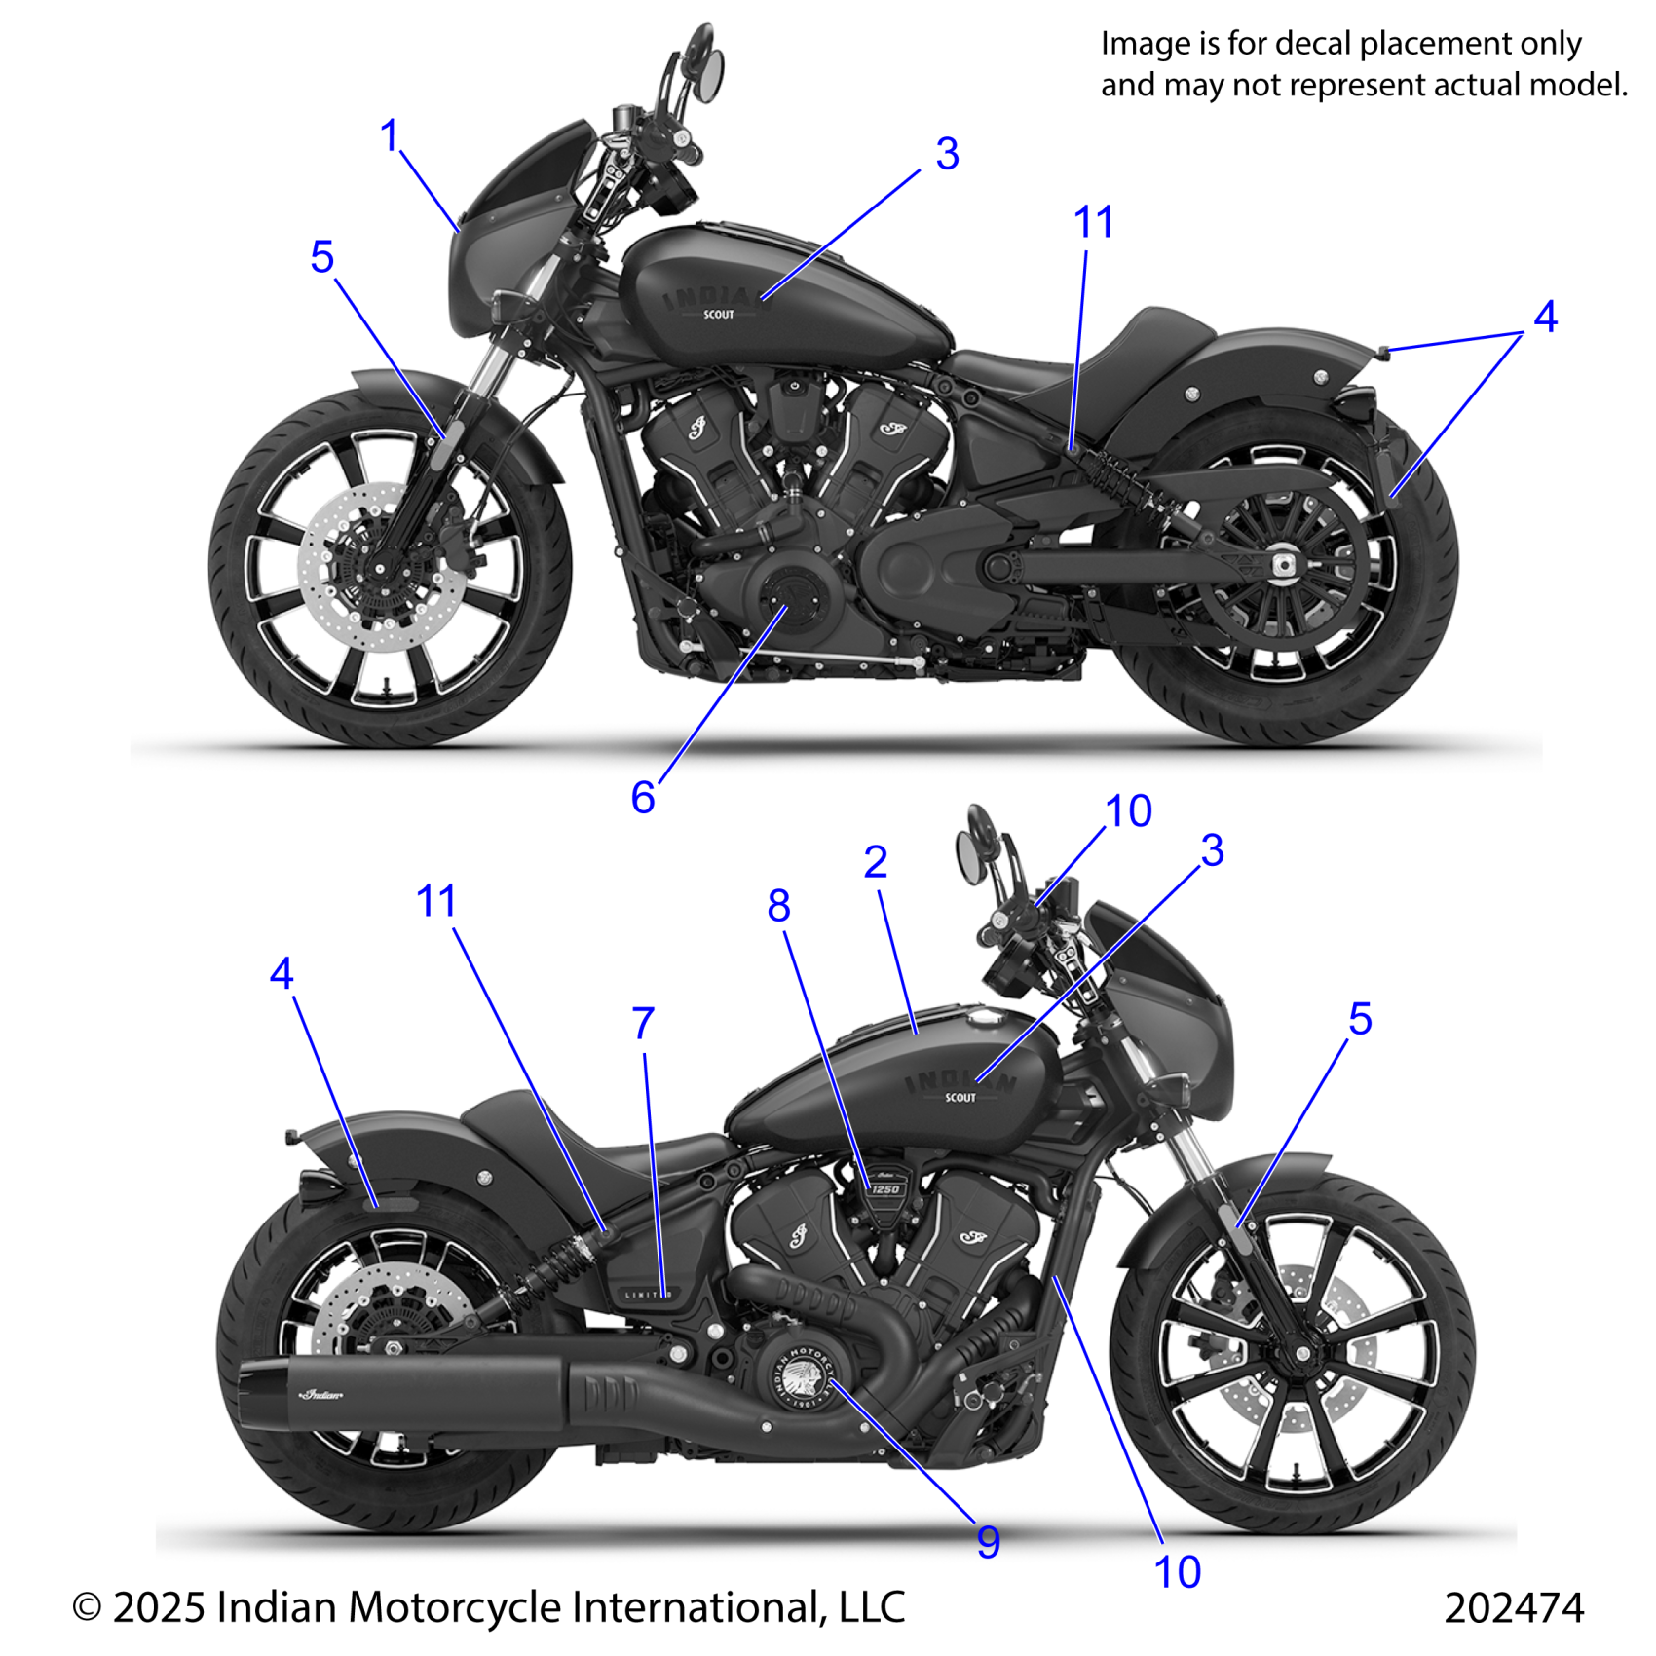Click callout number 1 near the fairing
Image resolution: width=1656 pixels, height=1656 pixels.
coord(390,135)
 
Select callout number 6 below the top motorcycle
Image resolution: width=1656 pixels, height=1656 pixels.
coord(643,798)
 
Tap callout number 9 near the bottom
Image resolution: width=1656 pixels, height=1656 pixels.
coord(988,1541)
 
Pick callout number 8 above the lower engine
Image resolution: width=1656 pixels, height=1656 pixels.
coord(778,906)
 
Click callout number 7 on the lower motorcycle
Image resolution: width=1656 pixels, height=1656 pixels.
coord(643,1024)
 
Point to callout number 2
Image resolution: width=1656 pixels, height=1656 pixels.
coord(875,862)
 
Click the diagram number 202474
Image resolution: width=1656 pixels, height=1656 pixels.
coord(1514,1606)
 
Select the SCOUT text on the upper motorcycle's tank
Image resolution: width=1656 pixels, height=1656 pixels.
coord(719,315)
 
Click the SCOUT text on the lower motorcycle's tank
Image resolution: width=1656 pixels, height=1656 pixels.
coord(960,1098)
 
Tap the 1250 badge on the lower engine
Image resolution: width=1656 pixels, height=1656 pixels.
coord(884,1189)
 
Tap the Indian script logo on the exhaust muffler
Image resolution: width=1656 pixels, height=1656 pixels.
coord(321,1395)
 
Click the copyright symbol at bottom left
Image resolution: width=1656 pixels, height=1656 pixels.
coord(88,1608)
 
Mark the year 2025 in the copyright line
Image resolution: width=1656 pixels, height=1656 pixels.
coord(159,1607)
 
